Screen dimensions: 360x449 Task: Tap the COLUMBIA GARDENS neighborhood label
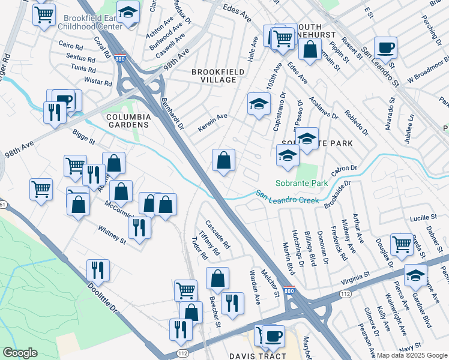[x=127, y=121]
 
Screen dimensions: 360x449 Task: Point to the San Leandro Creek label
[x=288, y=196]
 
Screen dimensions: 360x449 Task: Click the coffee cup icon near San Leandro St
[x=385, y=47]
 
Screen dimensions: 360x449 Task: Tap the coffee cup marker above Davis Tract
[x=274, y=335]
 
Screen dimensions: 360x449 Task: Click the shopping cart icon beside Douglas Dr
[x=402, y=244]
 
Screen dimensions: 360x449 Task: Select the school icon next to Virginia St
[x=415, y=274]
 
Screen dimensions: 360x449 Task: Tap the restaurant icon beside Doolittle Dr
[x=98, y=271]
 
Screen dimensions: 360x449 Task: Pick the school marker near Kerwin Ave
[x=259, y=104]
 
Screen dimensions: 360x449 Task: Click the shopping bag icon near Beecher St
[x=217, y=278]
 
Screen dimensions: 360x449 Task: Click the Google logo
[x=20, y=352]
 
